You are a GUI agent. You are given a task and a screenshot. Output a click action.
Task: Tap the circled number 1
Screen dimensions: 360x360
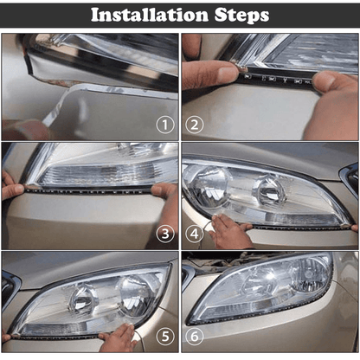point(165,124)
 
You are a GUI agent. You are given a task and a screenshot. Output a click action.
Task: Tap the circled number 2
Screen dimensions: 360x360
point(195,124)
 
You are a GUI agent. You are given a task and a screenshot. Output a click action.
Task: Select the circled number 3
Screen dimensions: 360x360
point(165,233)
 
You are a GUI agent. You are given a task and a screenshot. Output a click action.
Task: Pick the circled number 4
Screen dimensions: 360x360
point(195,233)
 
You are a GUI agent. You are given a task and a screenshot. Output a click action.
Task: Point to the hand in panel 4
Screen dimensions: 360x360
point(228,232)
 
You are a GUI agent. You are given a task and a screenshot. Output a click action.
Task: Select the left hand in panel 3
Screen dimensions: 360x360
point(10,185)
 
